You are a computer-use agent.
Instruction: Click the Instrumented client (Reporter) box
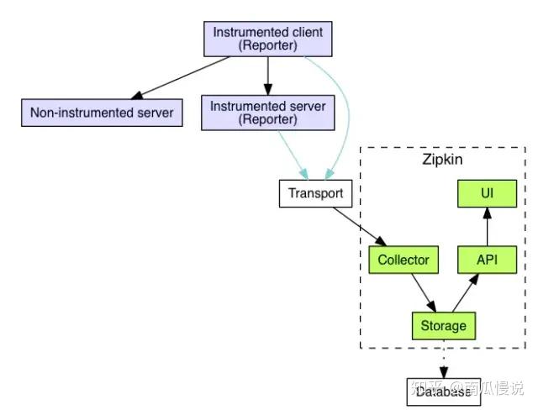(267, 39)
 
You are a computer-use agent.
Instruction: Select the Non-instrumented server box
(102, 112)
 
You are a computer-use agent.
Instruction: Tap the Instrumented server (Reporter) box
(267, 113)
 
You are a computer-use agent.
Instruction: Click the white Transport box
(315, 193)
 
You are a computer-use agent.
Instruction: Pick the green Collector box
(403, 260)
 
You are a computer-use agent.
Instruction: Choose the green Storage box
(444, 325)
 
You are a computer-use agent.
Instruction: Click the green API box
(486, 260)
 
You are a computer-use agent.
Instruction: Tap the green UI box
(486, 194)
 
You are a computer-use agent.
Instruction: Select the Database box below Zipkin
(443, 392)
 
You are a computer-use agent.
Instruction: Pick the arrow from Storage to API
(465, 292)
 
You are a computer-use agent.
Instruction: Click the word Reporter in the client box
(267, 46)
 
